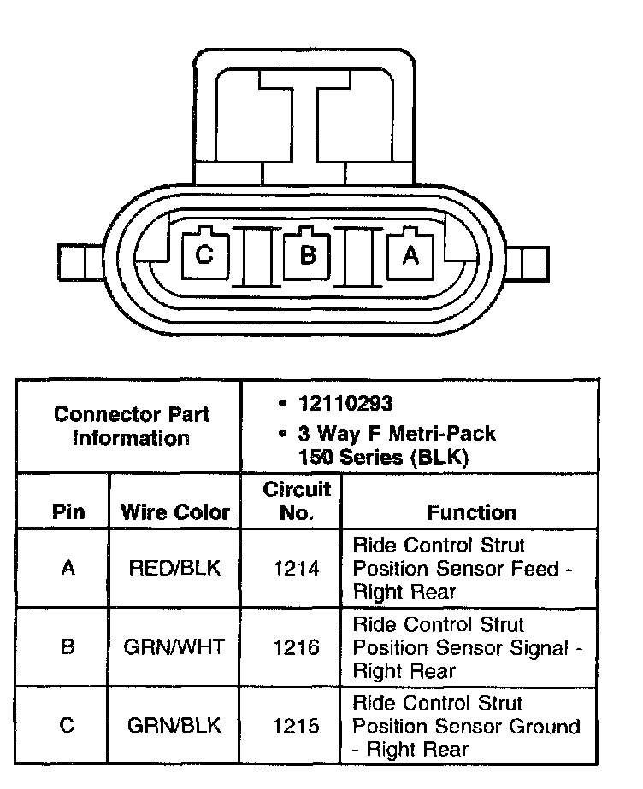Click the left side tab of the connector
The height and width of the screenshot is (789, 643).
(x=80, y=261)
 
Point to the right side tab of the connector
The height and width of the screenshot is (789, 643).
(x=527, y=264)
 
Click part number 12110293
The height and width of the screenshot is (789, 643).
(x=345, y=403)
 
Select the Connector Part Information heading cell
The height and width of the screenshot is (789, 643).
(x=131, y=426)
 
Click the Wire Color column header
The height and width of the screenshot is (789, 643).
(x=175, y=512)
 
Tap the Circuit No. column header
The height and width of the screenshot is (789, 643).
(x=297, y=500)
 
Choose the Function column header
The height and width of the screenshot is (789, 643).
(x=471, y=512)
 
